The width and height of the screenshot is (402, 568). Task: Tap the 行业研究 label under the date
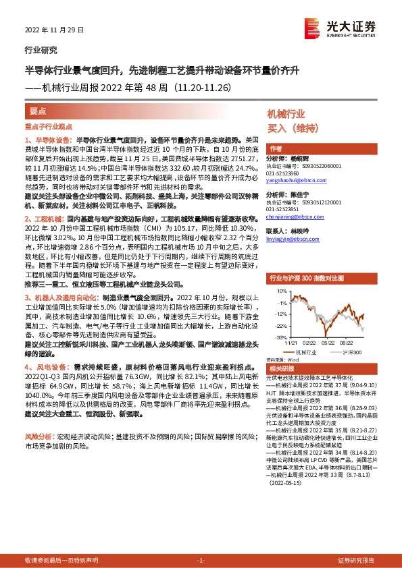[x=41, y=50]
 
